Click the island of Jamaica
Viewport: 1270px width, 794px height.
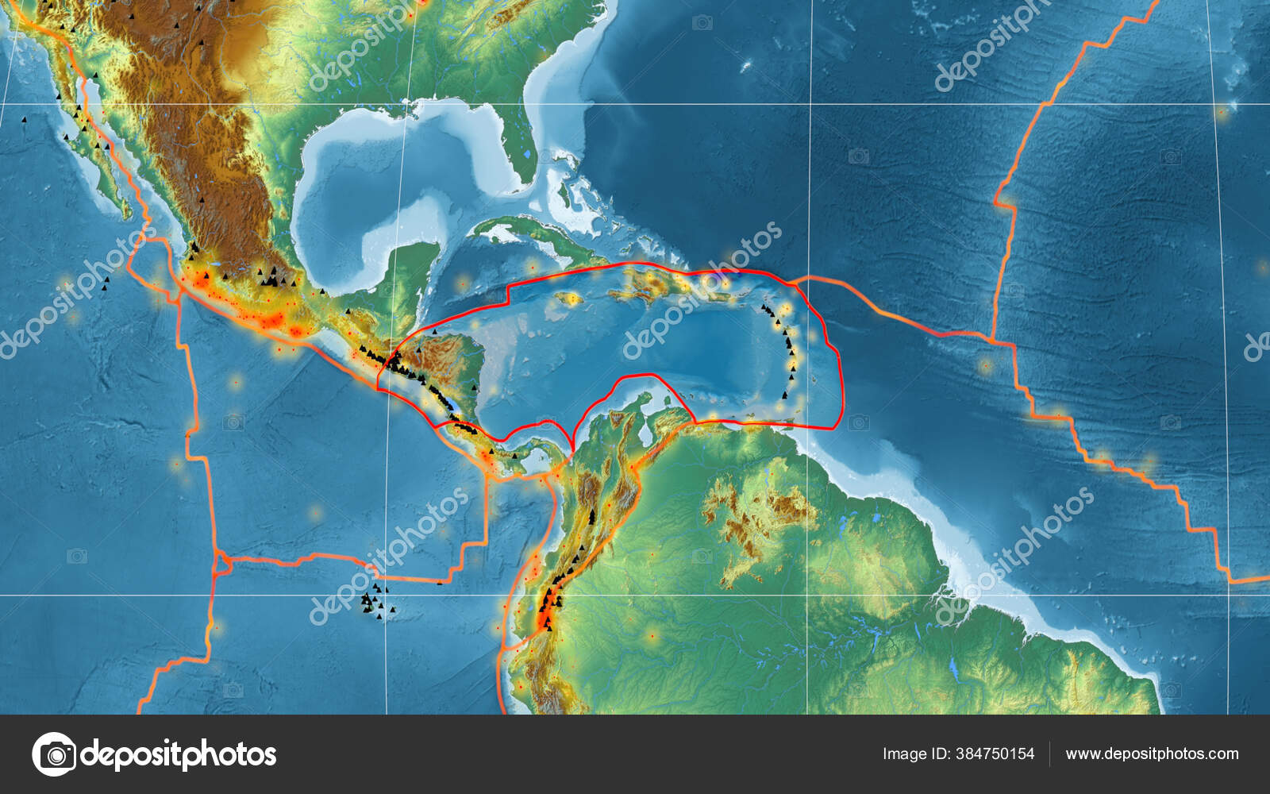point(568,299)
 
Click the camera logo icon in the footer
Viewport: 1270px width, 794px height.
point(54,754)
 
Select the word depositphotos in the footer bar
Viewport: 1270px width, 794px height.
point(179,754)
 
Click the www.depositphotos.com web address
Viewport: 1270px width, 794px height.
point(1152,754)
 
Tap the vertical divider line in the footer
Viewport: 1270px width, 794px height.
point(1050,754)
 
